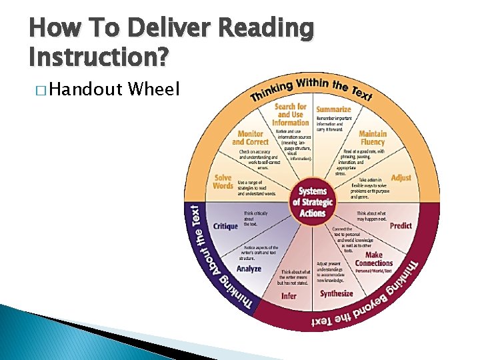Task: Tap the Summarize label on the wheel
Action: [333, 110]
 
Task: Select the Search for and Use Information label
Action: [290, 114]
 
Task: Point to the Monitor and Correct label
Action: [251, 138]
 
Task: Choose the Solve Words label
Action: [223, 181]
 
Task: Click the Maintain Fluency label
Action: [372, 138]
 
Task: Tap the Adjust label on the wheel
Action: [401, 178]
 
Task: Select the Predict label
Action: [401, 226]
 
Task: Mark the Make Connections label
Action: [374, 259]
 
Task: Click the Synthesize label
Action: [336, 293]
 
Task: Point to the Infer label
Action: [289, 295]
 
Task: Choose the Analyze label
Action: [249, 269]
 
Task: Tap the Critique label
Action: [225, 226]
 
